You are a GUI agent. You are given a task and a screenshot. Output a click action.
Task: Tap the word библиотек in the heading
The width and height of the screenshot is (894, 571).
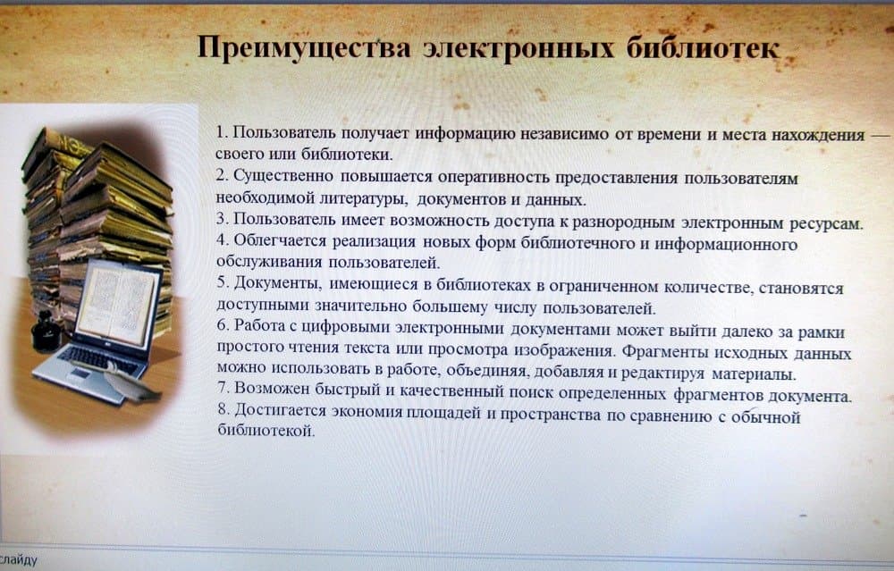point(703,47)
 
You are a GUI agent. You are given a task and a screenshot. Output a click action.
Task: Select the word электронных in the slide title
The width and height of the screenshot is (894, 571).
point(519,48)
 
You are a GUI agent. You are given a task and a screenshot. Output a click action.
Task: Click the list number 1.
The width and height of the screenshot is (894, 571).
point(222,132)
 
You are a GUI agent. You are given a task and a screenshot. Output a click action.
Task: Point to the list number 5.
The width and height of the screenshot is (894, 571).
point(223,282)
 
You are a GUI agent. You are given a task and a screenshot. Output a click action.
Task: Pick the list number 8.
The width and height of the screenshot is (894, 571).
point(223,409)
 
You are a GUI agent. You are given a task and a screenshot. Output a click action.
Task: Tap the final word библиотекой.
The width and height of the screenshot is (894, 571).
point(266,430)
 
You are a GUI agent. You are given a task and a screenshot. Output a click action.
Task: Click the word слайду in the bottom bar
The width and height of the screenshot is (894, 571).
point(19,560)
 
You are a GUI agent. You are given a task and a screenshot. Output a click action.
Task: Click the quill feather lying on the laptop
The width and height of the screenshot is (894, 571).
point(132,382)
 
